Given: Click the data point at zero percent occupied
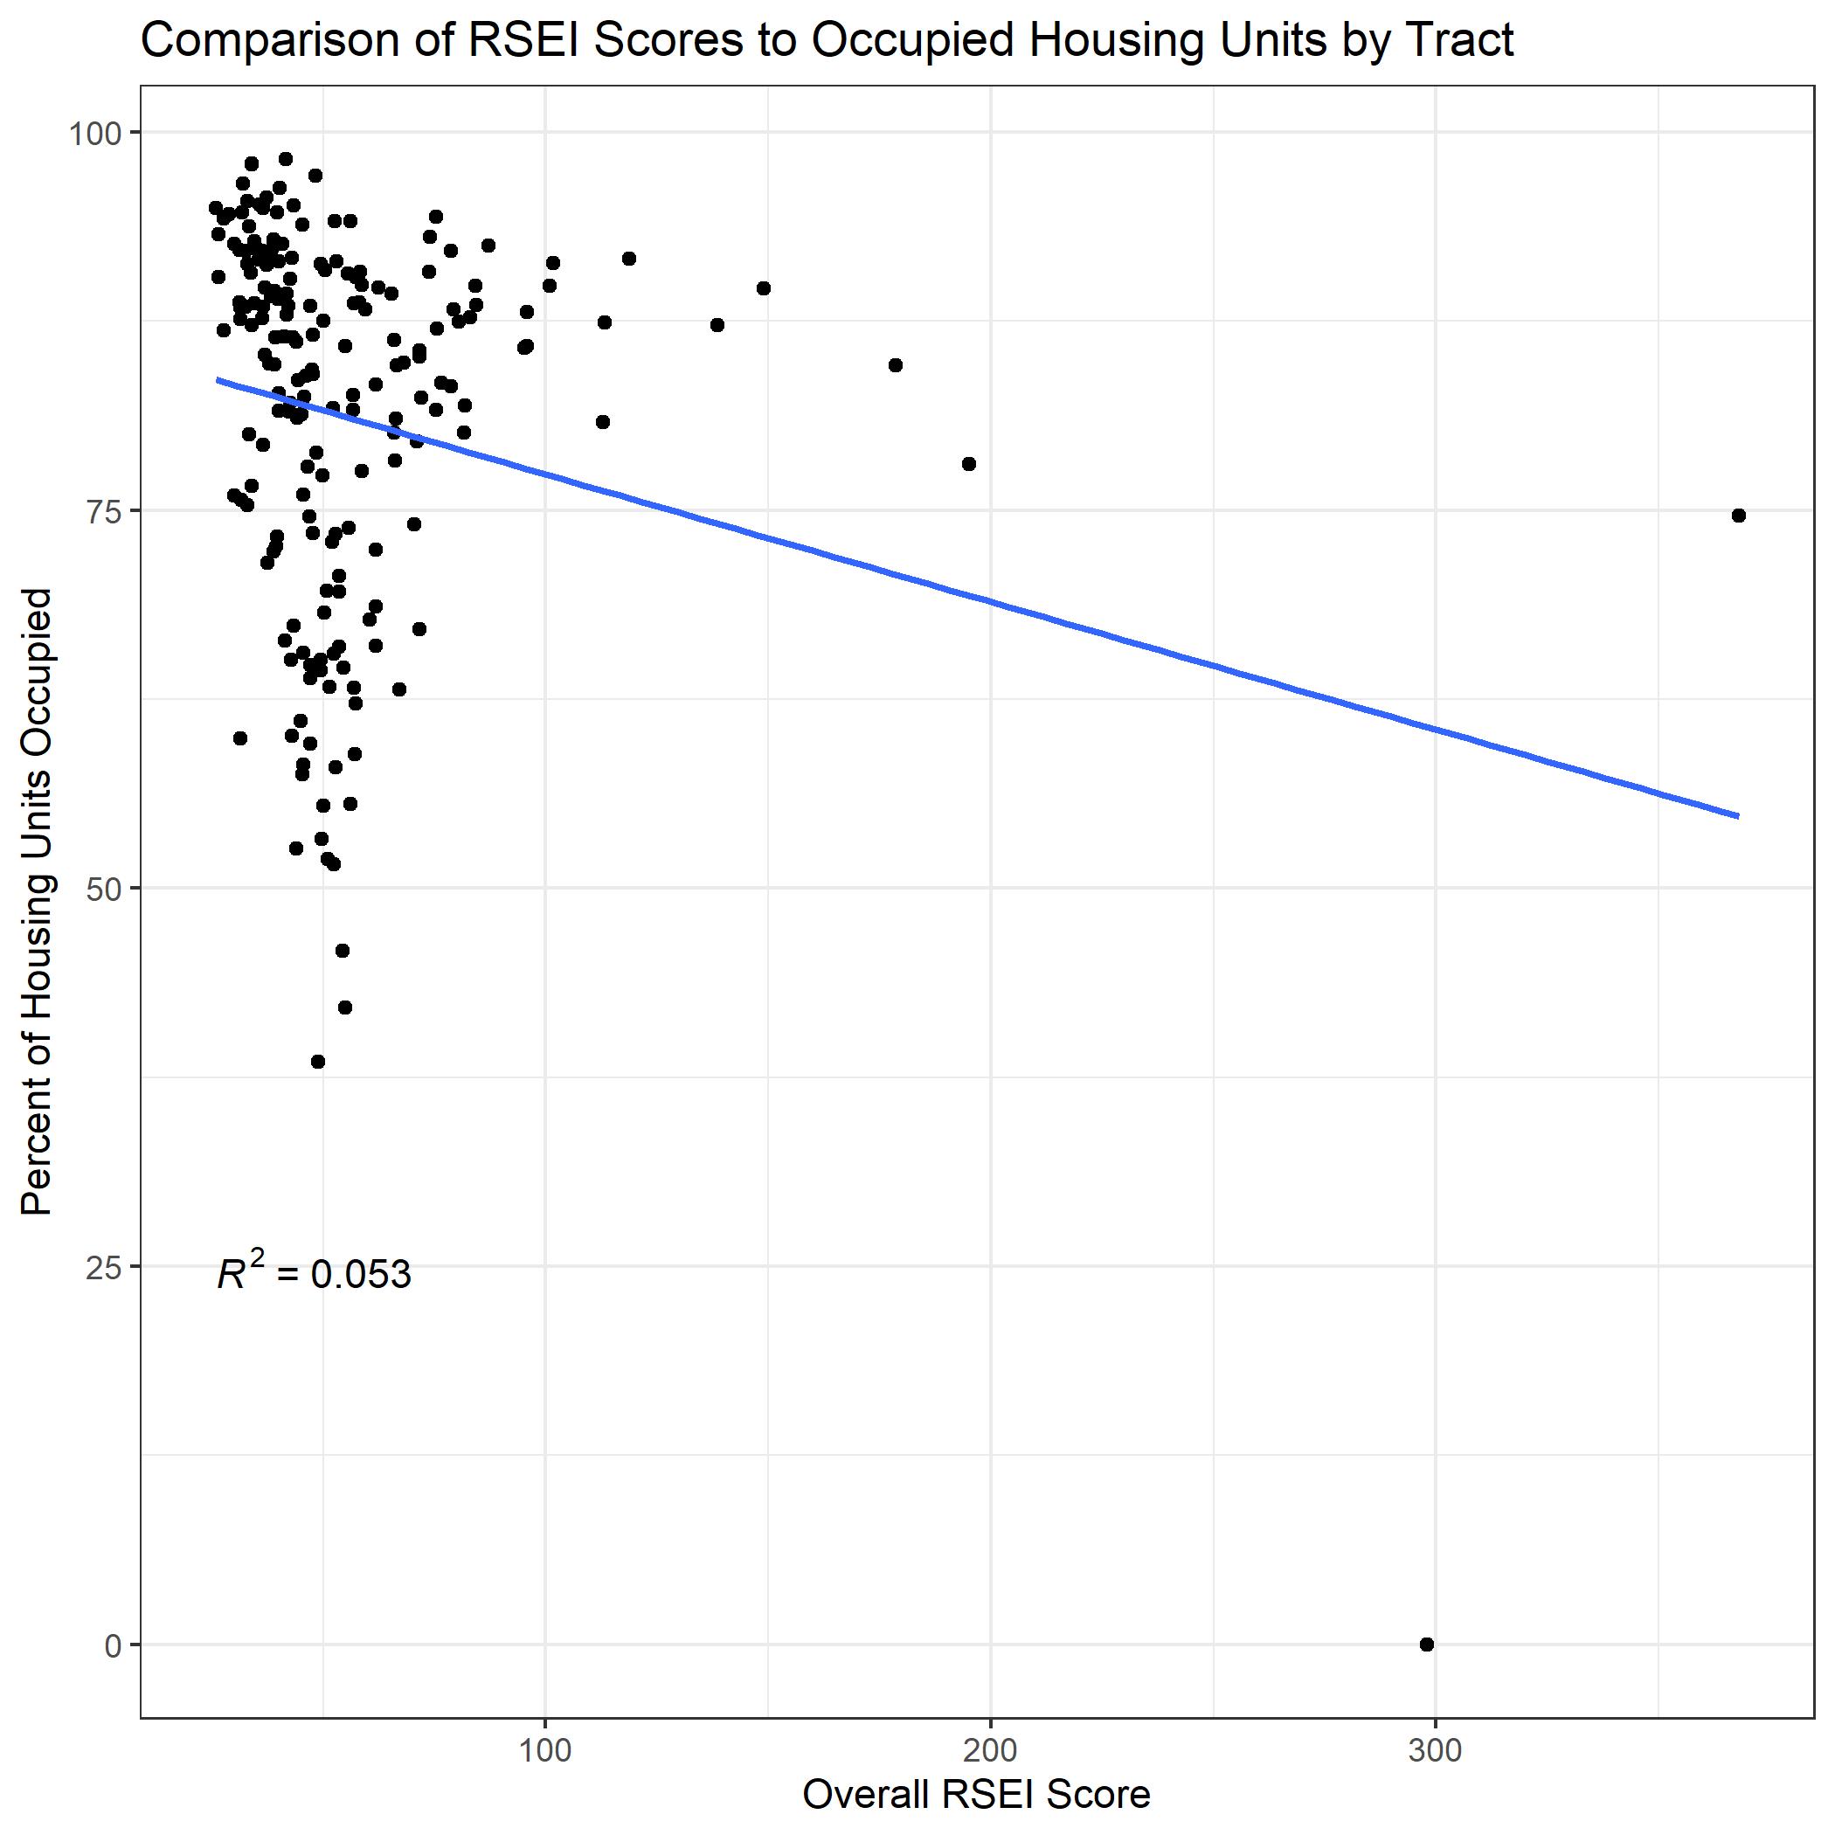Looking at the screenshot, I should (1427, 1645).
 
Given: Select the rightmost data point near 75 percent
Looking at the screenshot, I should (1738, 516).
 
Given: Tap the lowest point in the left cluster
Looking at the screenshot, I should (318, 1062).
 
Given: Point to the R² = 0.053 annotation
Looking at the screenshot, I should (315, 1274).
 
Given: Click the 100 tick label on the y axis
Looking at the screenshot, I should (95, 134).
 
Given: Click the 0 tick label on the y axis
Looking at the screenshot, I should (113, 1645).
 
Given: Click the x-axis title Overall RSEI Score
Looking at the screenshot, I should (976, 1795).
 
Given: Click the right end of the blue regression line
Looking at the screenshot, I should (1737, 815).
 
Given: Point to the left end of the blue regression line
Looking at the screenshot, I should (218, 380).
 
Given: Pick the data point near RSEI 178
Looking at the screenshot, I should (895, 364).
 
